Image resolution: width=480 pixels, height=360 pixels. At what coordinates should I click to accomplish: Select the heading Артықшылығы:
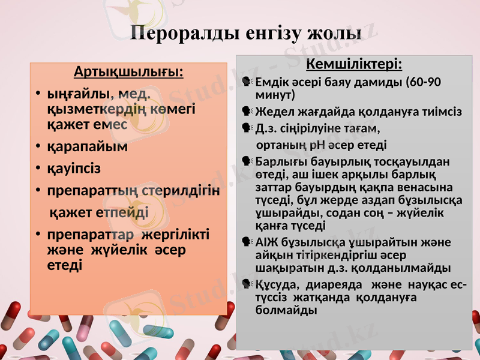[x=128, y=73]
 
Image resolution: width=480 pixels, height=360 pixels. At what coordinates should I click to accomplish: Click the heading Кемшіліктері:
[x=355, y=64]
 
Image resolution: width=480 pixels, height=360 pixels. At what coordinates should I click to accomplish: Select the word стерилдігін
[x=182, y=190]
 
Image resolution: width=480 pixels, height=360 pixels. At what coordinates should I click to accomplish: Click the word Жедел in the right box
[x=273, y=112]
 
